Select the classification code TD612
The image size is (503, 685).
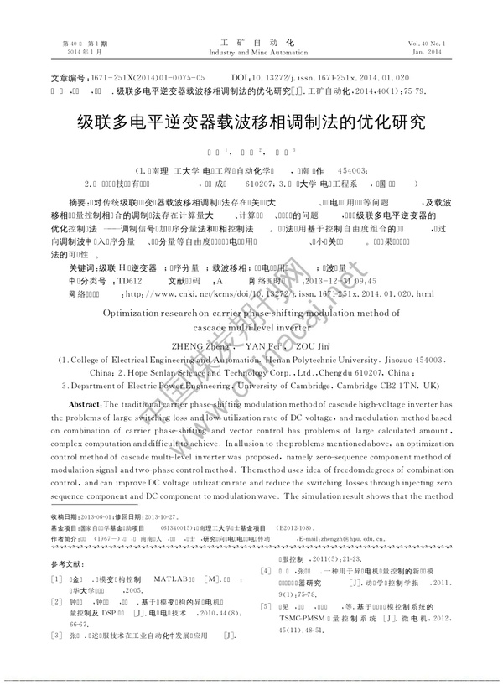pyautogui.click(x=130, y=257)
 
